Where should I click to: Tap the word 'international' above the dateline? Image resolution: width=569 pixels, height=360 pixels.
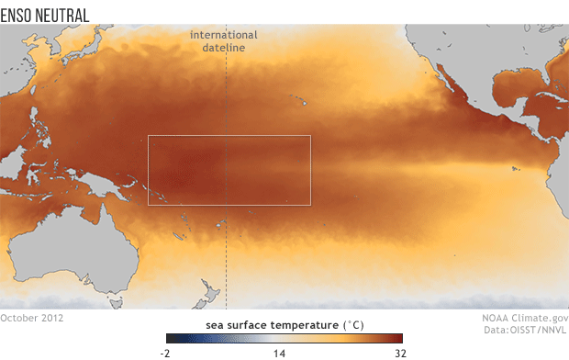click(x=224, y=35)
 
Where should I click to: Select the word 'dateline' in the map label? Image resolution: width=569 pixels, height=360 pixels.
click(x=224, y=47)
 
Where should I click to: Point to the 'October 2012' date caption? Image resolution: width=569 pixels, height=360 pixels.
click(x=34, y=318)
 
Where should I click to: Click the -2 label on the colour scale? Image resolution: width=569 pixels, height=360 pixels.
click(x=165, y=351)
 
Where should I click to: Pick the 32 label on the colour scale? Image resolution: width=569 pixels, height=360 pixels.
click(x=399, y=351)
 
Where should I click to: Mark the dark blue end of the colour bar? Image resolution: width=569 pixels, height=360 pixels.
click(x=171, y=338)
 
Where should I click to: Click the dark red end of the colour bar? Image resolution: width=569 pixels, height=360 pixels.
click(x=399, y=338)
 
